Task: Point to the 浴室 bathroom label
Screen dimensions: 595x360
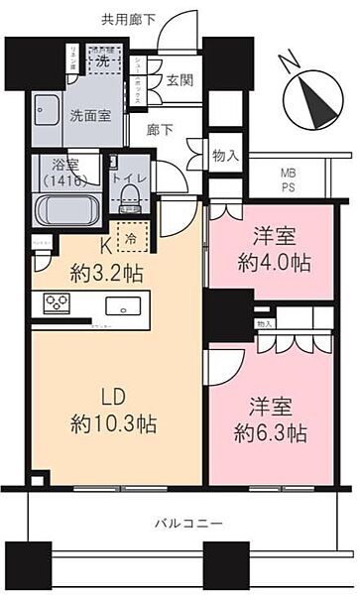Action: pos(65,171)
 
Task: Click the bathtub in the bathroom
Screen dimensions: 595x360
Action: pos(66,210)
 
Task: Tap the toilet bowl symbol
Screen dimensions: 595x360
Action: pos(128,202)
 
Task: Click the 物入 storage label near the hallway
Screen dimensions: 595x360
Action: pos(226,156)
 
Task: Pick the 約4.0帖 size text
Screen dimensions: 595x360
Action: pos(272,264)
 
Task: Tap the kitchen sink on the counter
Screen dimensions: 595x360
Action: pos(124,304)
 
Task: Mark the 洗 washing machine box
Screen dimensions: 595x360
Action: pos(102,59)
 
